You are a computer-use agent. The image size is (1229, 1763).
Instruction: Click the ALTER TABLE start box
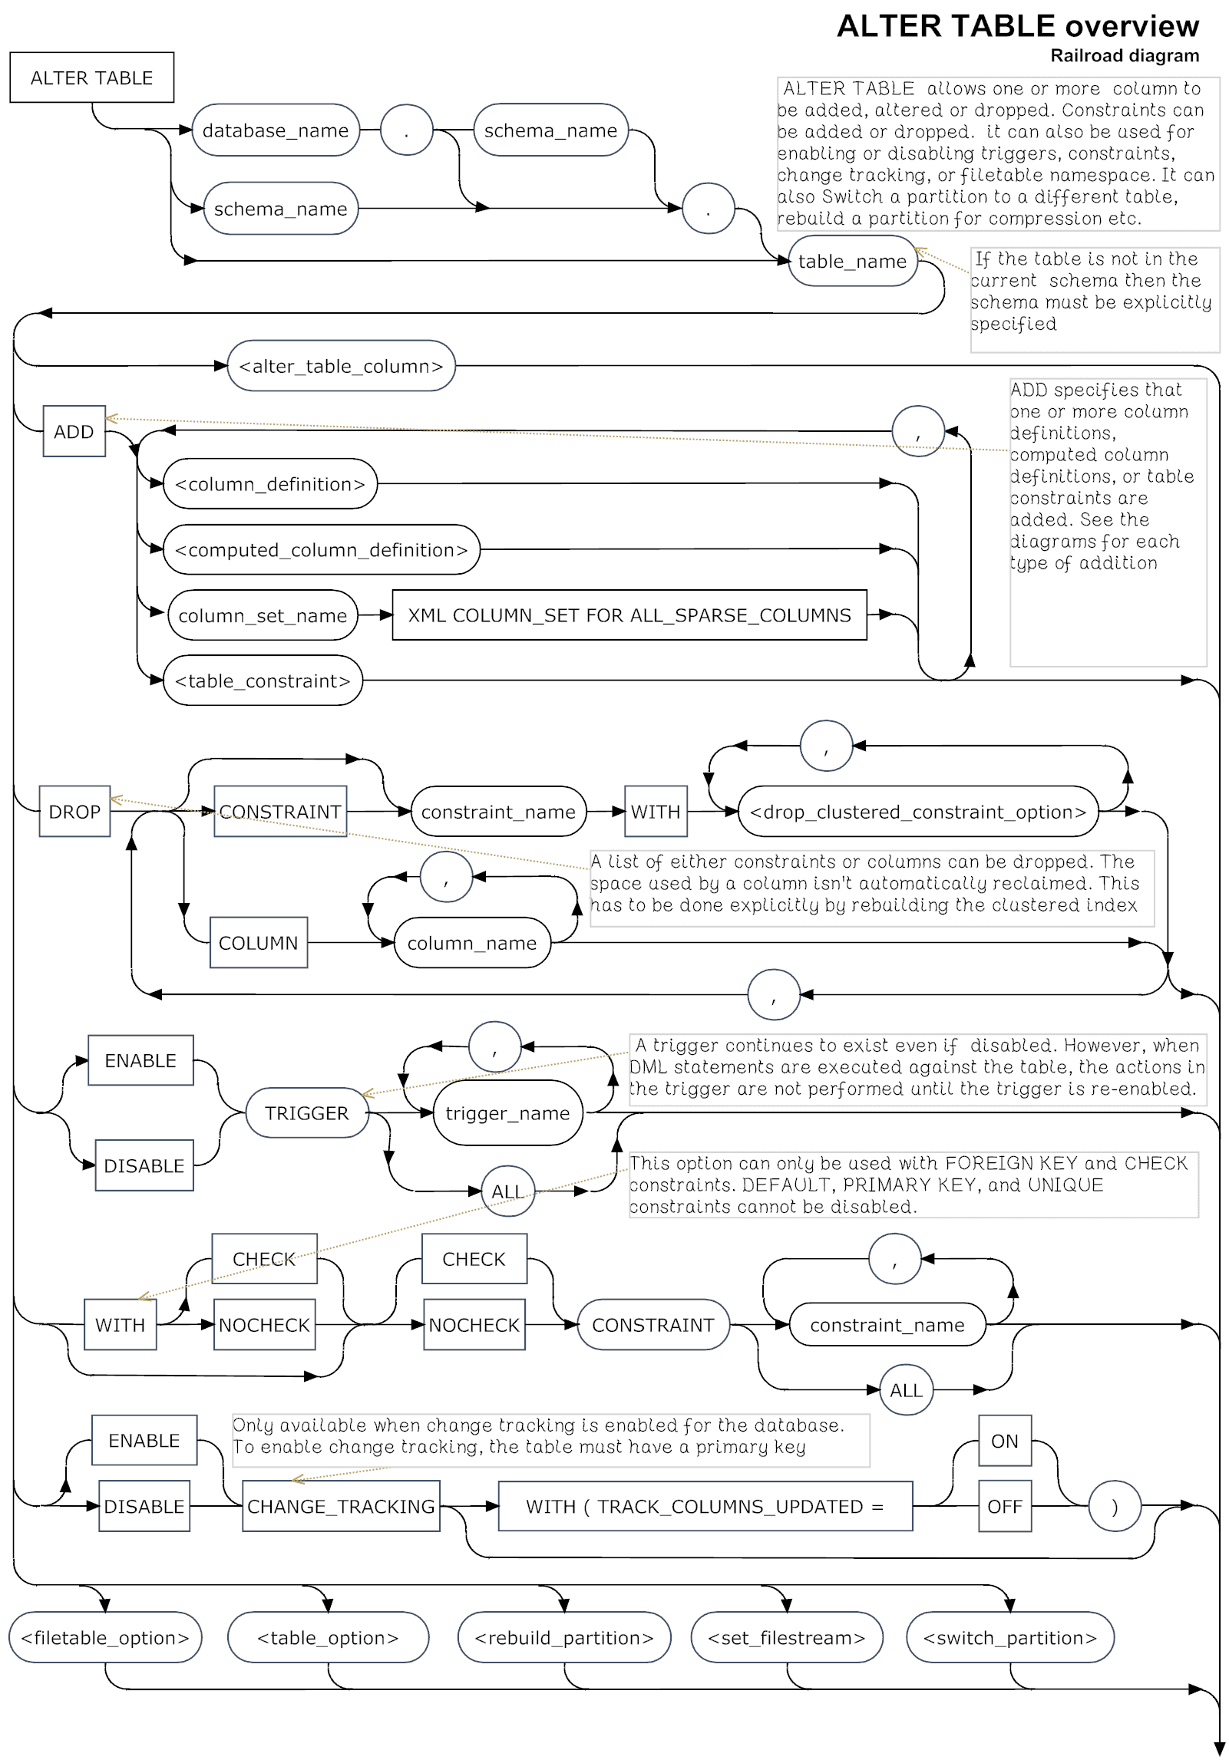[91, 77]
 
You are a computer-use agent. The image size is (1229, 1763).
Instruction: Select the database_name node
[275, 130]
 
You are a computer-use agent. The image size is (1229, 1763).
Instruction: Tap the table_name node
[852, 261]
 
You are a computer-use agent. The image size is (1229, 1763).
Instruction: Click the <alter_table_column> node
[341, 366]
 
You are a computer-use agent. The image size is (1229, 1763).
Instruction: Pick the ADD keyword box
[74, 431]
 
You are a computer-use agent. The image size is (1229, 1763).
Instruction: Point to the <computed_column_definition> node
[321, 550]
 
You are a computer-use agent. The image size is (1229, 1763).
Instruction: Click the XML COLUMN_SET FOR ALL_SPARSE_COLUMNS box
[629, 615]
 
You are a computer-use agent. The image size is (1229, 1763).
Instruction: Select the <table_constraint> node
[263, 681]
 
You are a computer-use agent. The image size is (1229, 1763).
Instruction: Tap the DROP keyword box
[74, 812]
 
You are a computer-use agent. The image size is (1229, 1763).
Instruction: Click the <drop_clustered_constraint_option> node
[918, 812]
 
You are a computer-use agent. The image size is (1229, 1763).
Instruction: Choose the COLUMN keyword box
[258, 943]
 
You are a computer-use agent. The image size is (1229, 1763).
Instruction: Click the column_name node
[471, 943]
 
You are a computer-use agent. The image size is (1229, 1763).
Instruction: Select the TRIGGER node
[306, 1113]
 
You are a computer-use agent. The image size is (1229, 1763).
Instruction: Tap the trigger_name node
[507, 1113]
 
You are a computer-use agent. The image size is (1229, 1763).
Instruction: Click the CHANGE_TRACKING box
[341, 1507]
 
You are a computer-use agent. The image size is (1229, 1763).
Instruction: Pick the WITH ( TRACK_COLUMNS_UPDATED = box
[705, 1507]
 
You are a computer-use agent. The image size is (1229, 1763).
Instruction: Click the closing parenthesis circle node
[1115, 1507]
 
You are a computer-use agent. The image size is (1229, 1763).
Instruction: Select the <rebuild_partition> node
[563, 1638]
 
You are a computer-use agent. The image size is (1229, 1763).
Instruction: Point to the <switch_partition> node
[1010, 1638]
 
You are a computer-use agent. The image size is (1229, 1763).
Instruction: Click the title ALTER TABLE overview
[1017, 26]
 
